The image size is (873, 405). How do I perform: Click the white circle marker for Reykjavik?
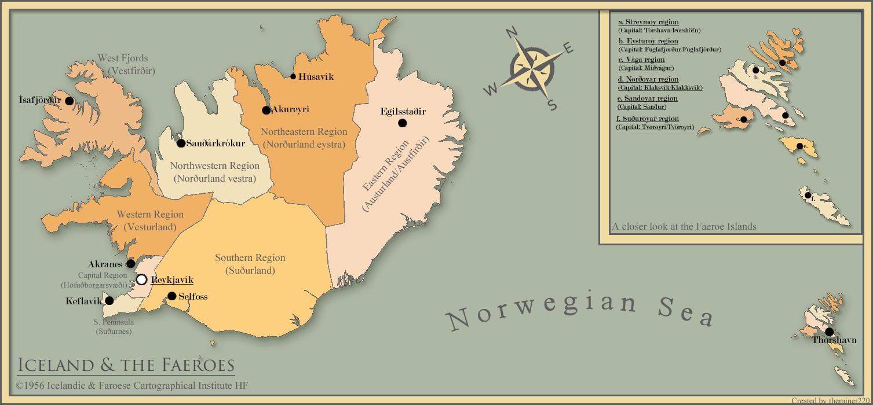(141, 280)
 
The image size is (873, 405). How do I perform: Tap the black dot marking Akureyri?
(266, 110)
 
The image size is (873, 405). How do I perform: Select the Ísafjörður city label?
(39, 100)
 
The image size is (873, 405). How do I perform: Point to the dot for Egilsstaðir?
(402, 123)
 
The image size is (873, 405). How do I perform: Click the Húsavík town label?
(316, 77)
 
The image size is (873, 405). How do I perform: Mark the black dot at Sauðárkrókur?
(181, 143)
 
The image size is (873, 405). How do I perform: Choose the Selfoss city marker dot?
(171, 296)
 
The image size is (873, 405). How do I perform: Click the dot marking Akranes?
(131, 264)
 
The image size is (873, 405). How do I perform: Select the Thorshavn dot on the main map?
(829, 332)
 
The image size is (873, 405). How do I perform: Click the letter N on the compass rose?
(512, 33)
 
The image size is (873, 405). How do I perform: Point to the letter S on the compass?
(552, 105)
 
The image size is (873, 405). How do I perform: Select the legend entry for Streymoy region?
(648, 23)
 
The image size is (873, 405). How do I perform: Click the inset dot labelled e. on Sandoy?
(799, 146)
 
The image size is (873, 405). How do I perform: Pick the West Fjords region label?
(123, 58)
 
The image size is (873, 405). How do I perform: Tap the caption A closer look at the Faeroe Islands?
(684, 227)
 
